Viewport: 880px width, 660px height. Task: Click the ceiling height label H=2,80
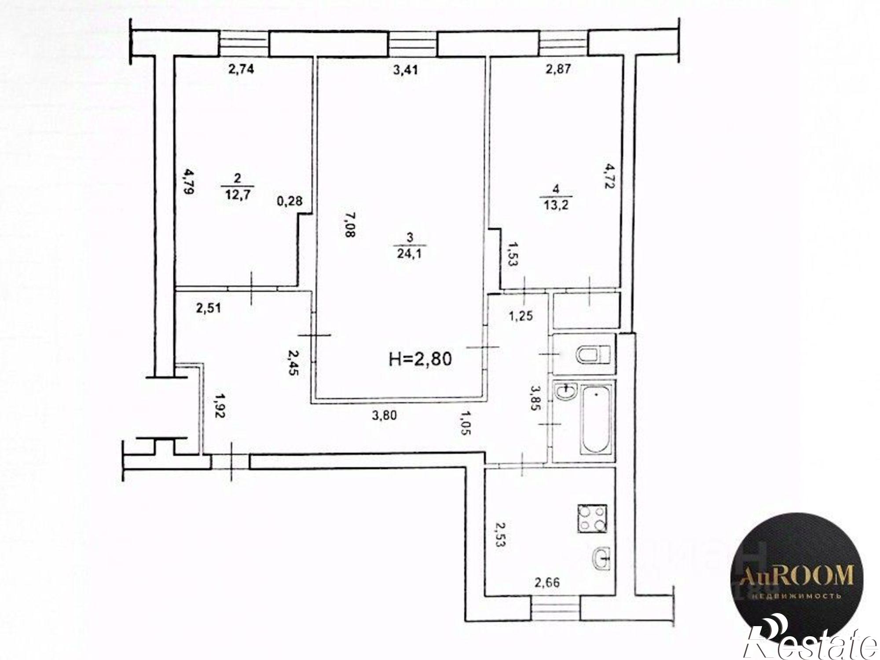[420, 359]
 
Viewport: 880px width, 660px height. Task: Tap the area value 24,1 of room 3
[410, 254]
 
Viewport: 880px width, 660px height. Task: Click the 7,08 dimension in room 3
[349, 225]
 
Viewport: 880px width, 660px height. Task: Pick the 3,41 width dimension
[404, 69]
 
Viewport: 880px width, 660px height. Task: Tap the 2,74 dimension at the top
[241, 69]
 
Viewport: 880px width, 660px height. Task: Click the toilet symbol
[592, 354]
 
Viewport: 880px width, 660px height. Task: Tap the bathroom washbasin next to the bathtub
[566, 392]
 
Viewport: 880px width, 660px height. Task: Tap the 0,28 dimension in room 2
[290, 201]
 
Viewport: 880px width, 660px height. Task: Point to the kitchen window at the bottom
[555, 609]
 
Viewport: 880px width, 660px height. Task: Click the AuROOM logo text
[797, 576]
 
